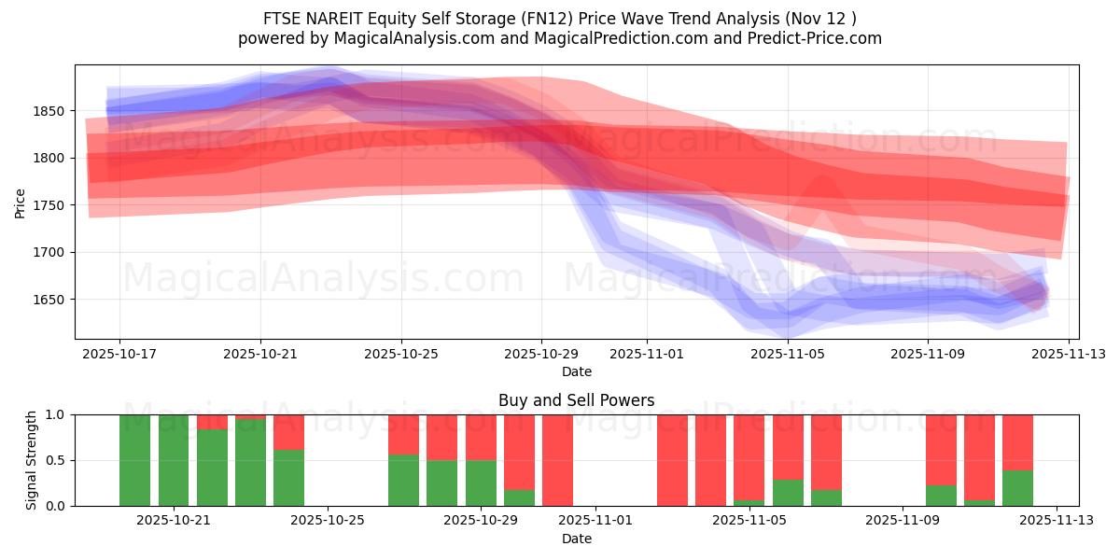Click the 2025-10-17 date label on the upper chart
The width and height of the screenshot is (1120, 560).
pos(119,355)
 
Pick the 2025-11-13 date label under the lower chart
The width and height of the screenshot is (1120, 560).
pos(1057,521)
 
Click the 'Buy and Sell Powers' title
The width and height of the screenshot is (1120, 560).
pos(576,400)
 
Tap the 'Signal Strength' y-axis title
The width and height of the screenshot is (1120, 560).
pos(31,460)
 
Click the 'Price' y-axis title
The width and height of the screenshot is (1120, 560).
pos(21,203)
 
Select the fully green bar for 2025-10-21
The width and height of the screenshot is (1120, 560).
pos(174,460)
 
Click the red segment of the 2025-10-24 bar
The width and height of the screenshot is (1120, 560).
pos(289,431)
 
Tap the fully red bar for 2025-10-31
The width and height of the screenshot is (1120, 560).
pos(557,460)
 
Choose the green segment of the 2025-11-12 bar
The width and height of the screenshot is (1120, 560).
pos(1017,488)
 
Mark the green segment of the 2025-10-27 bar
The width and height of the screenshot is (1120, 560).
pos(403,481)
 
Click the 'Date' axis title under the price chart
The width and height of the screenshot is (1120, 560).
pos(576,371)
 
